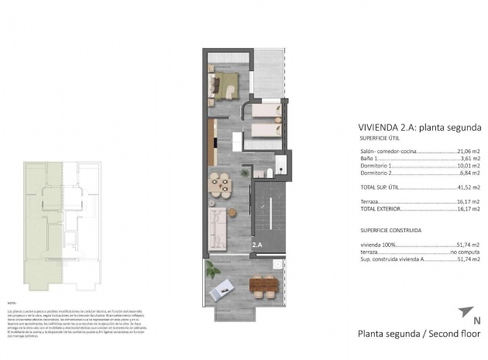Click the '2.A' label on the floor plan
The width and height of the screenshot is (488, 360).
click(257, 245)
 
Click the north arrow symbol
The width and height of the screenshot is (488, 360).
click(465, 312)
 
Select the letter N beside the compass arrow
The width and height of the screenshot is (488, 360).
click(476, 320)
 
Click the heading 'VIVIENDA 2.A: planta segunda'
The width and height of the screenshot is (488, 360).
click(420, 127)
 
